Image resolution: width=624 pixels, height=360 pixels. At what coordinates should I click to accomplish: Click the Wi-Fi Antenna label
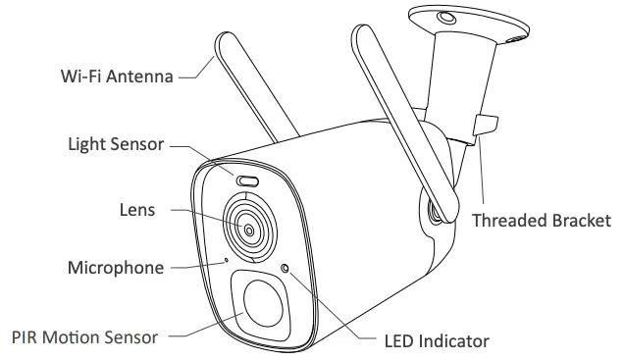click(117, 75)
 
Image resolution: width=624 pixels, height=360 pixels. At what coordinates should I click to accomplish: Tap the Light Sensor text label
click(116, 144)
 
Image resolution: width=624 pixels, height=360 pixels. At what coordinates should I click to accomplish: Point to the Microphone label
click(114, 267)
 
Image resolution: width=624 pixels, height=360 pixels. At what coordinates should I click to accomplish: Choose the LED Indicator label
click(436, 341)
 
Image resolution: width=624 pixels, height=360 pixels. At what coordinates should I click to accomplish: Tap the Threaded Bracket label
click(541, 220)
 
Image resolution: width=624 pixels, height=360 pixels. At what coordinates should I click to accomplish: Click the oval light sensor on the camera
click(245, 180)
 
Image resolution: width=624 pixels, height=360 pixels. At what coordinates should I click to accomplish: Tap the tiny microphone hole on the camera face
click(227, 260)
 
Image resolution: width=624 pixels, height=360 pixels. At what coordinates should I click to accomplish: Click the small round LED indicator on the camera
click(286, 268)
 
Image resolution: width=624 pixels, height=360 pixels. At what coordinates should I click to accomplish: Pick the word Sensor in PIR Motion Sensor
click(131, 336)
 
